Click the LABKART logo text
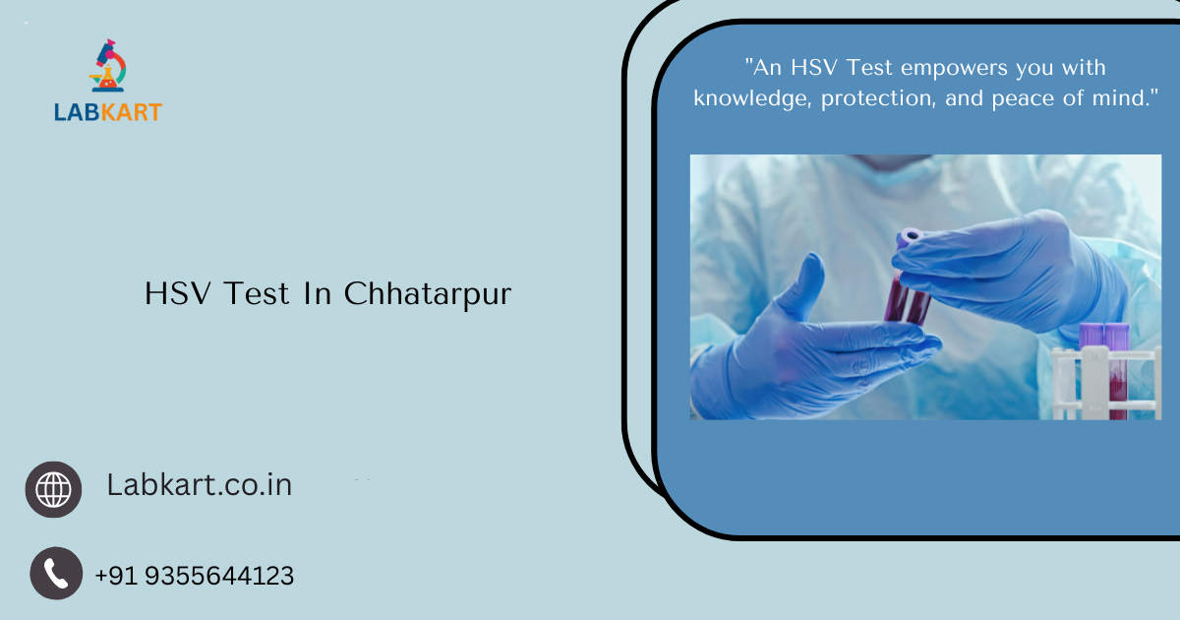pos(108,112)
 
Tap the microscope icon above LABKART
pos(108,67)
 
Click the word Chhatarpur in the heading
pos(428,293)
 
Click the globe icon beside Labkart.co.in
pos(54,489)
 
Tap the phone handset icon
pos(56,573)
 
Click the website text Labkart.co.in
pos(199,484)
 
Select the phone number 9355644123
pos(219,576)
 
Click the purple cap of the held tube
pos(910,236)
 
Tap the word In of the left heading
pos(318,293)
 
